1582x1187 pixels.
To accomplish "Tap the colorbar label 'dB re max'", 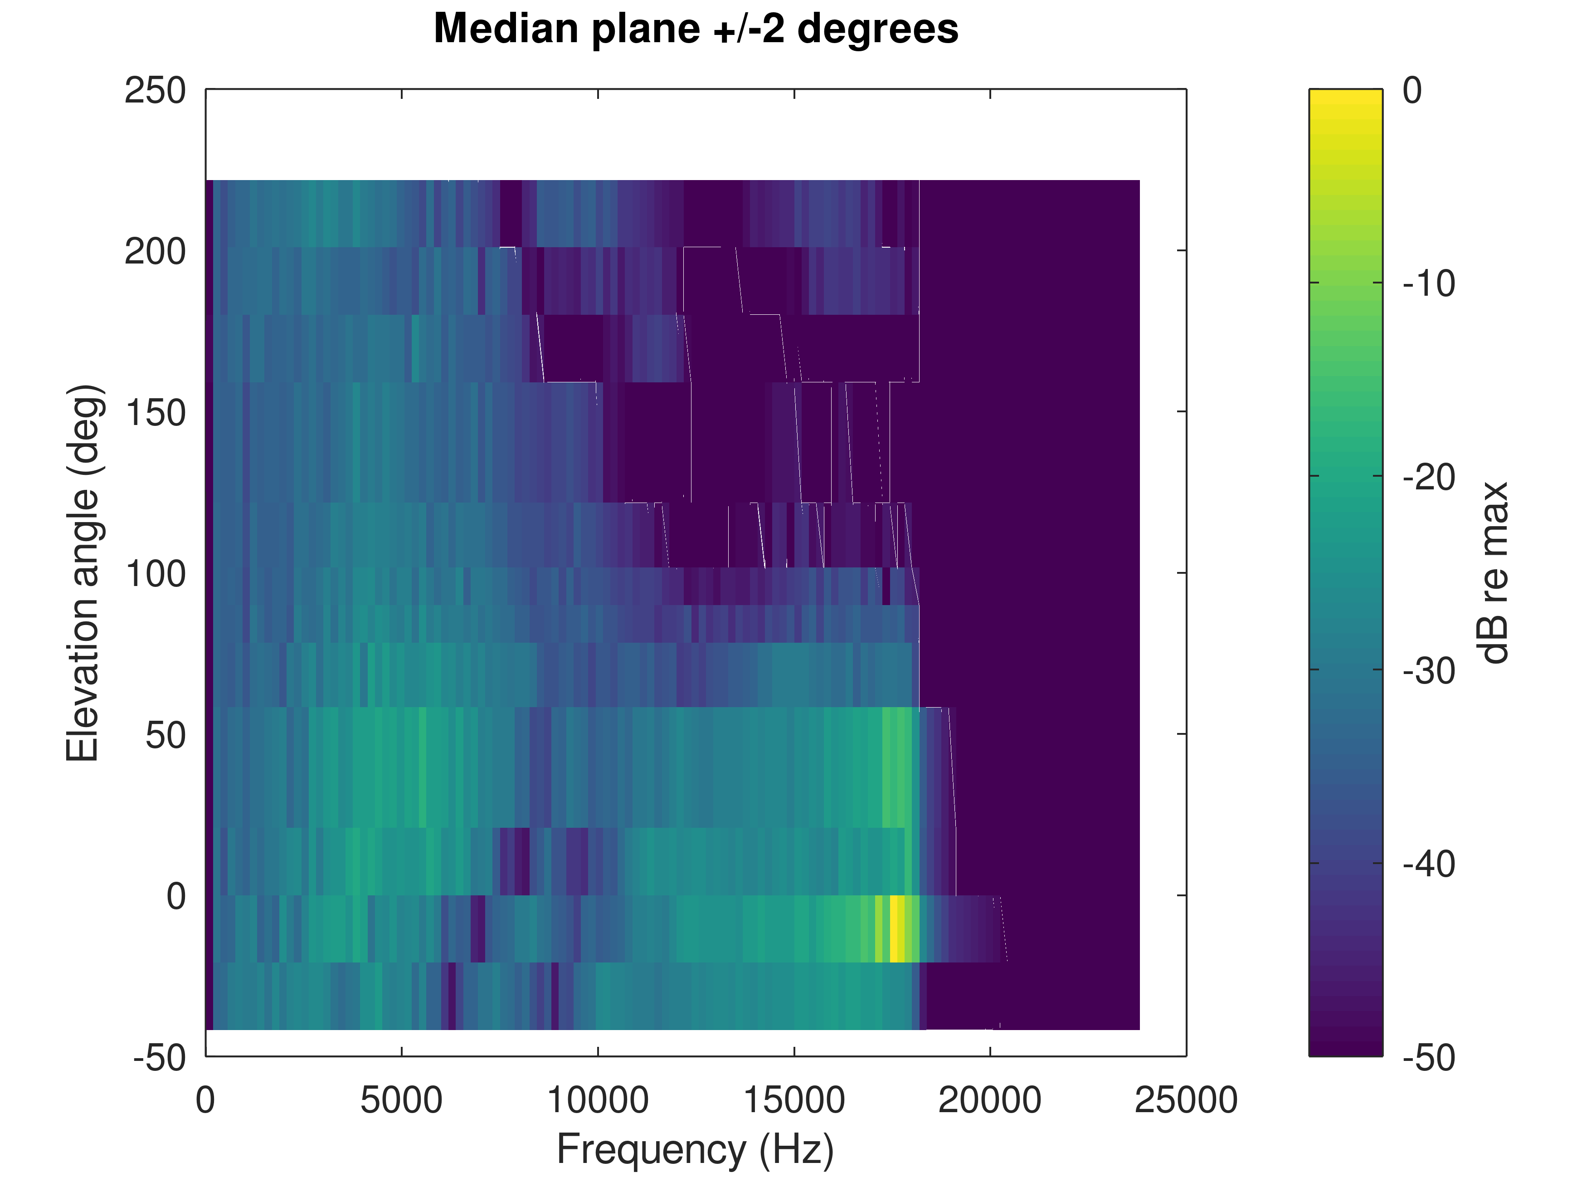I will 1493,572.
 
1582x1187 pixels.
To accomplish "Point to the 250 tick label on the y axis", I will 155,91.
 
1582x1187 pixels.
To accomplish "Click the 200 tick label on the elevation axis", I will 155,252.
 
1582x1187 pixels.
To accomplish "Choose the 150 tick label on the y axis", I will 155,413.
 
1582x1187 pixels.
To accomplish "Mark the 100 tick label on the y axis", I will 155,574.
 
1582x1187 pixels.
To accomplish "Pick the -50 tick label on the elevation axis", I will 159,1057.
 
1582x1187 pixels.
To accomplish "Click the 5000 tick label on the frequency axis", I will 401,1100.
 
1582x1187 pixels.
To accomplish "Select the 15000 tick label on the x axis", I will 794,1100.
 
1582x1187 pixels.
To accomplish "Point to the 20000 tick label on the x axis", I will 990,1100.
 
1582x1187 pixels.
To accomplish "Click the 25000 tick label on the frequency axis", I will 1186,1100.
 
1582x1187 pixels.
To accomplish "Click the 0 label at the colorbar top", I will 1412,91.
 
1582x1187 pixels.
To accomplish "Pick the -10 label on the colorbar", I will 1428,284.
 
